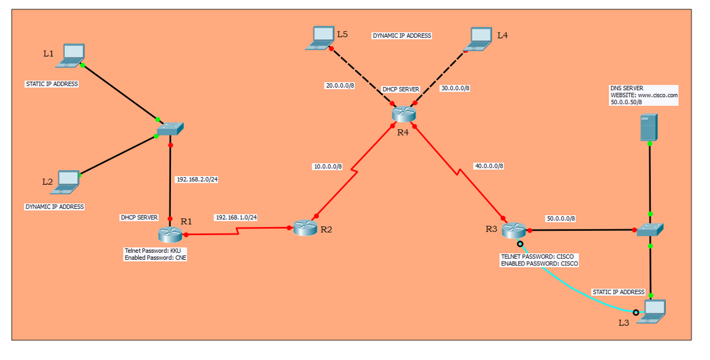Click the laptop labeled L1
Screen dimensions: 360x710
(x=70, y=55)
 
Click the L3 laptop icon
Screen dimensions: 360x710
(x=653, y=311)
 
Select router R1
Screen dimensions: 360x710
(x=170, y=234)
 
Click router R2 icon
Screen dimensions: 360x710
(x=305, y=228)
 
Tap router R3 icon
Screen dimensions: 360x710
(x=514, y=231)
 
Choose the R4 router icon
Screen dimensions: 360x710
(x=401, y=114)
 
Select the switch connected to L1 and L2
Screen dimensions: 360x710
(x=170, y=129)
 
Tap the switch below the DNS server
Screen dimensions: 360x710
(x=649, y=230)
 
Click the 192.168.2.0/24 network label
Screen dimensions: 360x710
(x=197, y=179)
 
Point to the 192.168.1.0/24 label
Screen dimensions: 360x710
(x=236, y=218)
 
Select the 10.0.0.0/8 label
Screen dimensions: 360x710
(x=328, y=166)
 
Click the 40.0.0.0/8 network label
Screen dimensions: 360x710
(x=489, y=166)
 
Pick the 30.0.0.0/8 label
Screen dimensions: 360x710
(x=455, y=88)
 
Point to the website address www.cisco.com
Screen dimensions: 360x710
(x=658, y=95)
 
